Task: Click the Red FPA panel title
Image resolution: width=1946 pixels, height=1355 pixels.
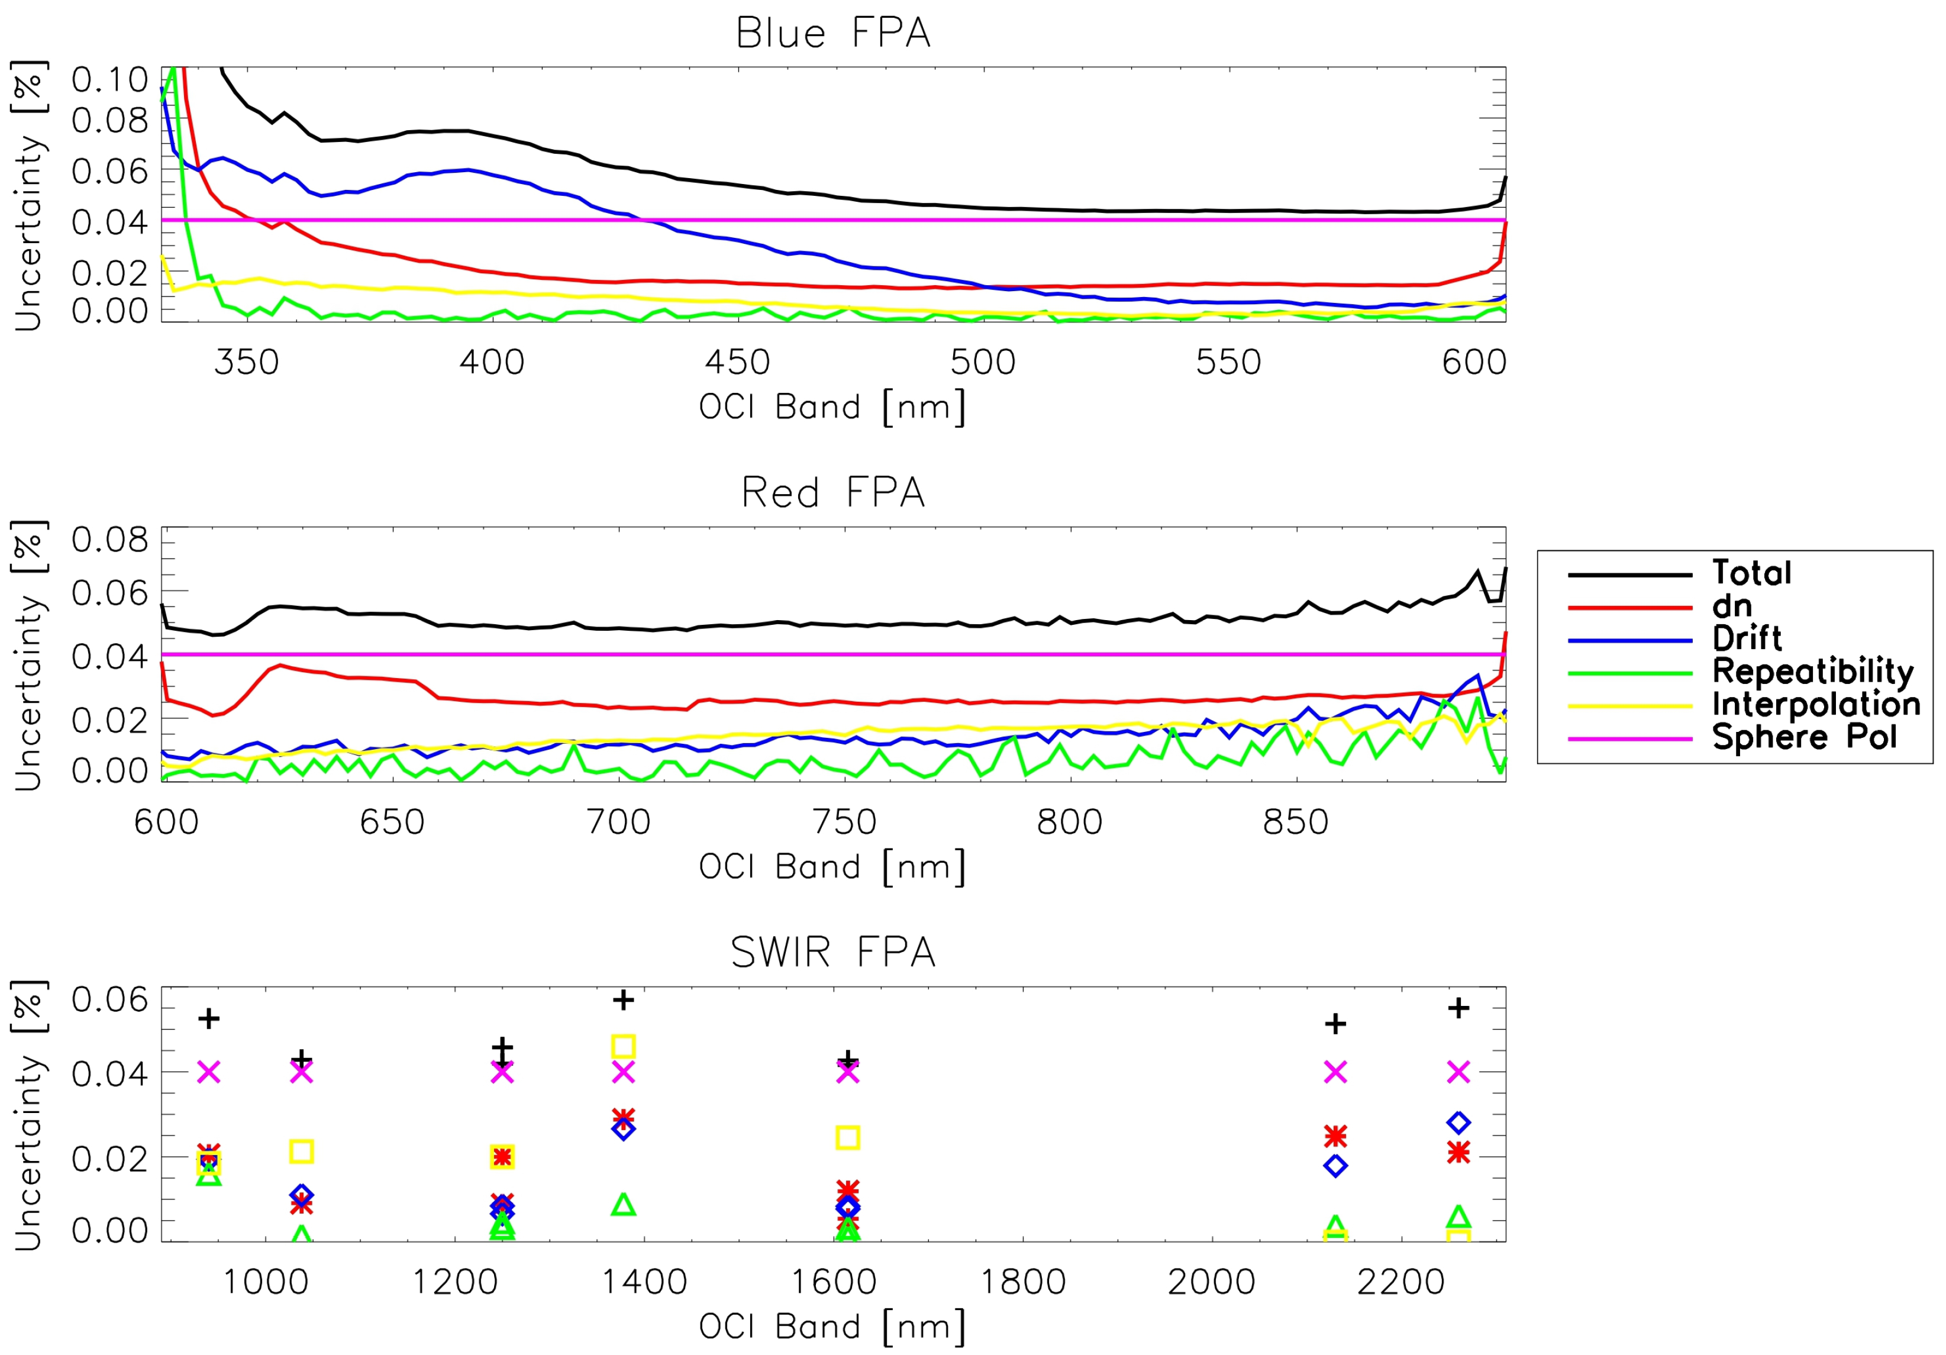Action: point(833,493)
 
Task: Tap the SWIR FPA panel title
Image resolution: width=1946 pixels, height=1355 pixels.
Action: point(833,953)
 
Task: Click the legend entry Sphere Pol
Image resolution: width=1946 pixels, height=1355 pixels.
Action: point(1803,737)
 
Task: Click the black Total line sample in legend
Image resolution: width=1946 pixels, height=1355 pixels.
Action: point(1629,575)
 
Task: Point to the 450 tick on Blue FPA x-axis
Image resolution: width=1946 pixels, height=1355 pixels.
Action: point(737,363)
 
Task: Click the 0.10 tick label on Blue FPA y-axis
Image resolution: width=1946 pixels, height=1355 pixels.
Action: point(110,80)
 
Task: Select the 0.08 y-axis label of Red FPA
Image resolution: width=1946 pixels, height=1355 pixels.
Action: point(110,540)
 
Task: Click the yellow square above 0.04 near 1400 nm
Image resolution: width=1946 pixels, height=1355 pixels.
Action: point(623,1047)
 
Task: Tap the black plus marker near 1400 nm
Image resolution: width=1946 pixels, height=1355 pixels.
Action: point(623,1000)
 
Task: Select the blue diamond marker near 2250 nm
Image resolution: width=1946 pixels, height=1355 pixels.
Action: point(1458,1123)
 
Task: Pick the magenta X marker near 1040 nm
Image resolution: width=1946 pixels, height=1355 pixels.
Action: point(302,1072)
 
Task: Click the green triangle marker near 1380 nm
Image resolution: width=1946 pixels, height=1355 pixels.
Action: point(623,1204)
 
